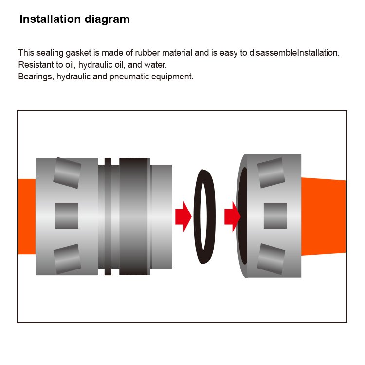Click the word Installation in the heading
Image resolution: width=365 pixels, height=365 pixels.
[x=50, y=19]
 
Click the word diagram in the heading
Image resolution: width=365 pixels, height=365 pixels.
[x=107, y=19]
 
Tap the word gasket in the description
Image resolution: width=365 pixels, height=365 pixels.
[x=78, y=53]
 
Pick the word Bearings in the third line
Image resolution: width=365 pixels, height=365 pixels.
[x=36, y=77]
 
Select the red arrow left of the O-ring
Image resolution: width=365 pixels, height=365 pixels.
[x=183, y=216]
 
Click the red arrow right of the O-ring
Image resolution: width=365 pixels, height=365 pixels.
[x=232, y=216]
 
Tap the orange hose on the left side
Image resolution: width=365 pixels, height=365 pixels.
[x=27, y=216]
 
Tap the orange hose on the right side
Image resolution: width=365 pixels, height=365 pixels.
[x=323, y=216]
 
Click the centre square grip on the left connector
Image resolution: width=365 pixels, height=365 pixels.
[x=67, y=215]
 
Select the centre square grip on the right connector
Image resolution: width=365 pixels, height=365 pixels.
[x=275, y=215]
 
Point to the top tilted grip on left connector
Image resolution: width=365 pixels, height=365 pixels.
[x=67, y=173]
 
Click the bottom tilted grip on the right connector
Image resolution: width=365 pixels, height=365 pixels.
[x=271, y=259]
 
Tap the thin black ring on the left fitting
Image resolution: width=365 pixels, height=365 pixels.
[x=108, y=216]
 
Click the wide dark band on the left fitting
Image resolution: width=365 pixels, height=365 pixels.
[x=134, y=216]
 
